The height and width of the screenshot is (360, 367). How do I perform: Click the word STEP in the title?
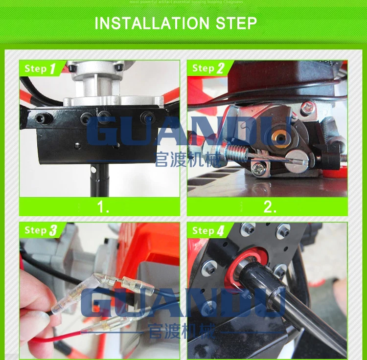(238, 23)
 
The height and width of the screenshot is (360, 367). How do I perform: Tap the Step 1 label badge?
(41, 68)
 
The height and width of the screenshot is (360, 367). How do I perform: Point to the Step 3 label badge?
(41, 230)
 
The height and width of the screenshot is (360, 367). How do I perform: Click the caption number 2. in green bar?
(270, 206)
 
